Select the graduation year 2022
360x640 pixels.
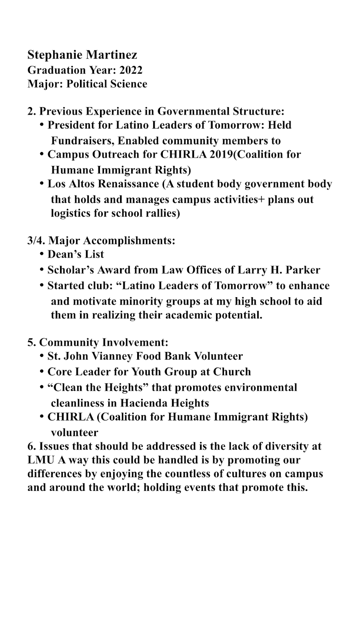[131, 70]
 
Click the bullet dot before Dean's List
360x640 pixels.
[42, 254]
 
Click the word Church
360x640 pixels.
[232, 372]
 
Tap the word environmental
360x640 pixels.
[255, 388]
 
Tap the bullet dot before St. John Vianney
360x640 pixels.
[42, 356]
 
